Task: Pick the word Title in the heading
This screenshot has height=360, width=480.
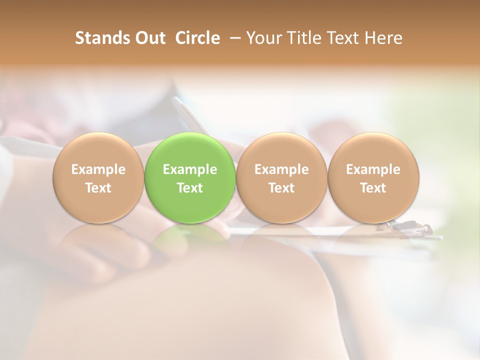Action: [302, 38]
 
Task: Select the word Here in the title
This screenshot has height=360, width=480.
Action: [383, 38]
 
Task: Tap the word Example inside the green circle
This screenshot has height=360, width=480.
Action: [190, 169]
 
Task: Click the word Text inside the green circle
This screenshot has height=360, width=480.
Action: [190, 188]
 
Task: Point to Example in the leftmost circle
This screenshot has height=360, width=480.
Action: [98, 169]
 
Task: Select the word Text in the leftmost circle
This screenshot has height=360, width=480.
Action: [98, 188]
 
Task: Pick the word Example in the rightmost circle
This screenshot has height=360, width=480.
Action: [373, 169]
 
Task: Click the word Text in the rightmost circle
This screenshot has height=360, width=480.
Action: [373, 188]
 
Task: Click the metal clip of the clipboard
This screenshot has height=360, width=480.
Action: [417, 229]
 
